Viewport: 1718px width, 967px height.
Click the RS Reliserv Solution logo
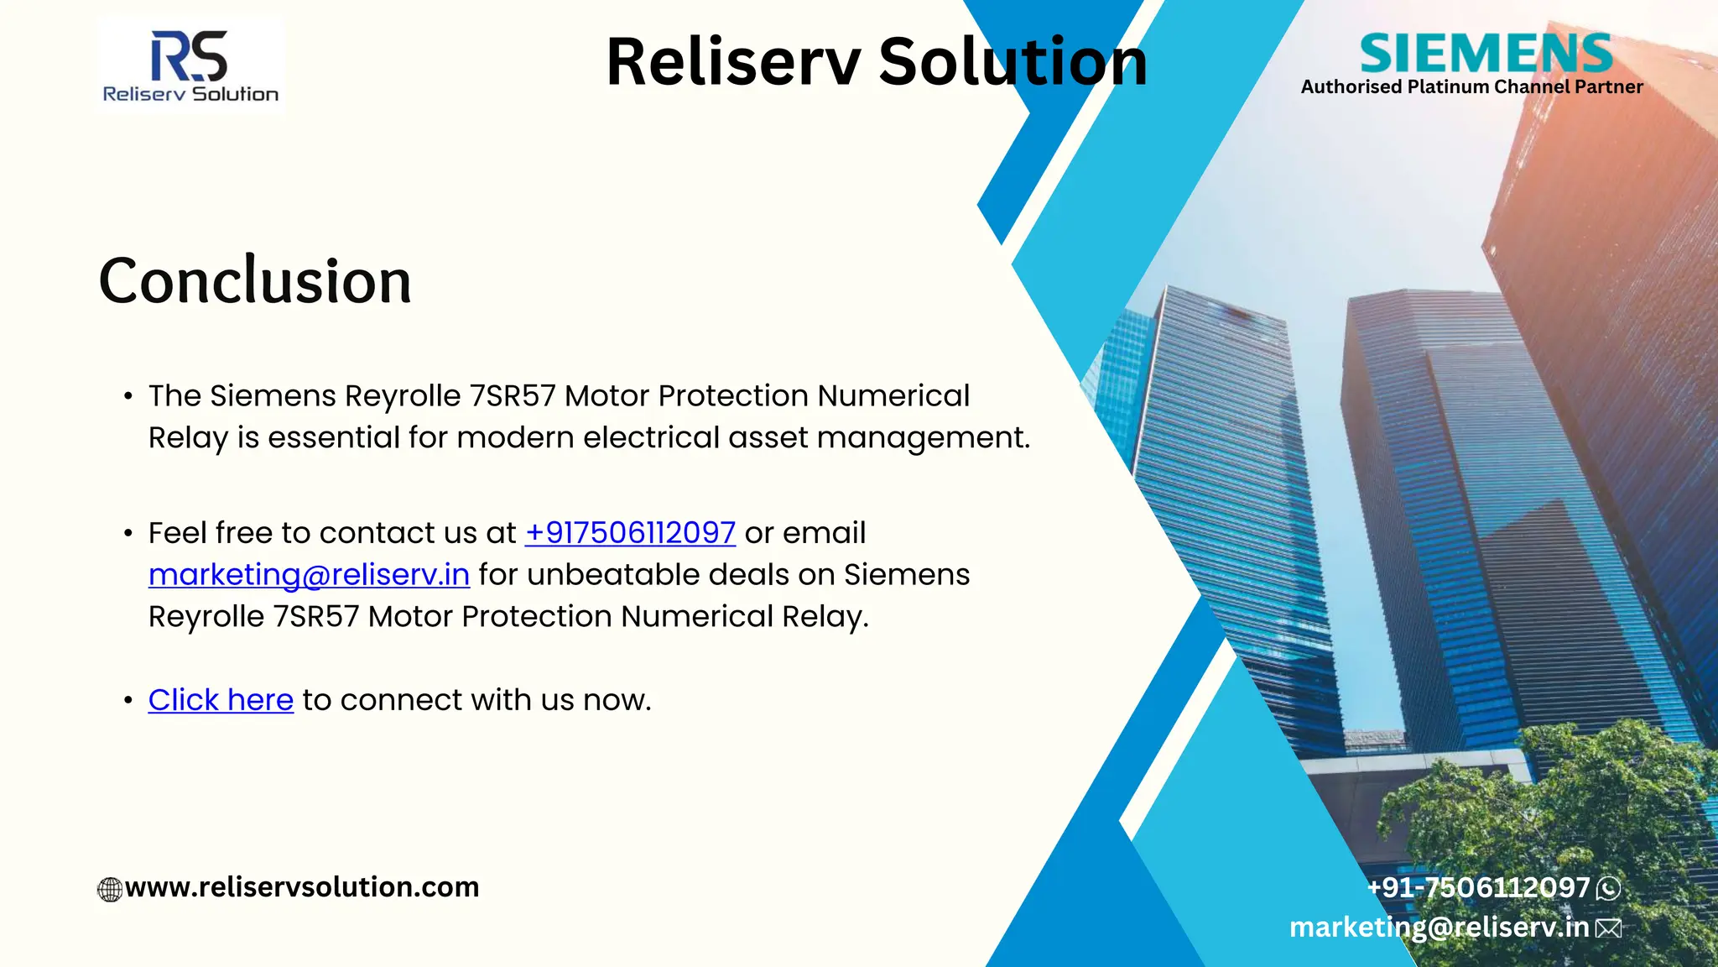click(x=190, y=65)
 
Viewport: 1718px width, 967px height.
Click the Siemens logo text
click(x=1486, y=54)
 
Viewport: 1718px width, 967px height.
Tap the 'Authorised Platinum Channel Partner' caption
click(x=1471, y=87)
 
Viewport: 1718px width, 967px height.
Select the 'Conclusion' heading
click(x=255, y=280)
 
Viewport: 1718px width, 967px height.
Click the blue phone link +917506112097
click(x=630, y=533)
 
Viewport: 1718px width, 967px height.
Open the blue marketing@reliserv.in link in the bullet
click(x=309, y=575)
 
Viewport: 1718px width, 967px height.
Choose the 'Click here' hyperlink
click(x=221, y=700)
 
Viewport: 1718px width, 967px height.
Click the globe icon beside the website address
click(x=110, y=889)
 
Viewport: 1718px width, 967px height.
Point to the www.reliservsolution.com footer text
click(x=302, y=887)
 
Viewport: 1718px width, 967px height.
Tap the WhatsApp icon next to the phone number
click(x=1608, y=888)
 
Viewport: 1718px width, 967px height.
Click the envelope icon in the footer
click(x=1608, y=928)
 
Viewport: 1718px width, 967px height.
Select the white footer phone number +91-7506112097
click(x=1478, y=887)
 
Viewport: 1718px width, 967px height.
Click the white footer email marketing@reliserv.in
click(x=1439, y=927)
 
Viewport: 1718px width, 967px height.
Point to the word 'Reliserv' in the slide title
click(x=733, y=62)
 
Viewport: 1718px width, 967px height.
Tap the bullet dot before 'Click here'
click(x=128, y=701)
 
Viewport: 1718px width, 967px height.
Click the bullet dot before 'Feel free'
click(x=128, y=534)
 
